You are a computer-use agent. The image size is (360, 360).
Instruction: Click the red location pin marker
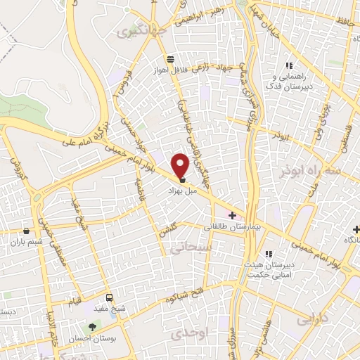tap(181, 165)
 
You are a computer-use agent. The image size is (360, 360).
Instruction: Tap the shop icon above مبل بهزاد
tap(183, 180)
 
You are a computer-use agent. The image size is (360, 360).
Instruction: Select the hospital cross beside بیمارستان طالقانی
tap(233, 215)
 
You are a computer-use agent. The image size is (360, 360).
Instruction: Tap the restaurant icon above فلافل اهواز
tap(169, 59)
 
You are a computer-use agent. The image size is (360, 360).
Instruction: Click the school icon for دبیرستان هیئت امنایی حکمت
tap(268, 254)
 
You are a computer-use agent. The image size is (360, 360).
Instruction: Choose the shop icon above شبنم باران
tap(27, 230)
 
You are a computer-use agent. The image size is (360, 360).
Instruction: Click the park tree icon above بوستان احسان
tap(92, 326)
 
